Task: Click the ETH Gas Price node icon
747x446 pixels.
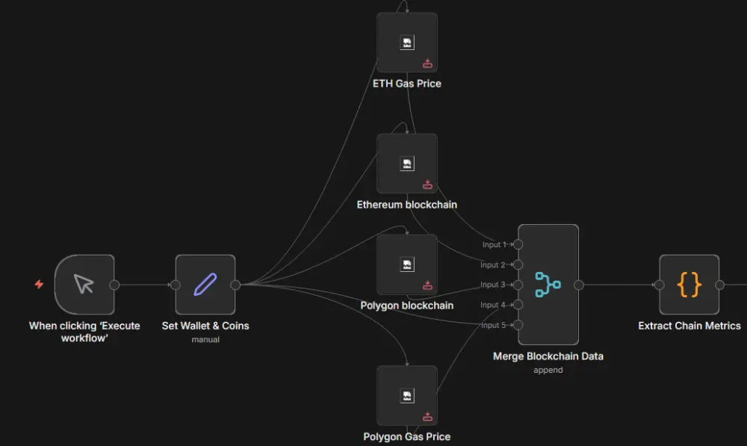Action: coord(407,43)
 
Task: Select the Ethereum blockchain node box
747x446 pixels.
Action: coord(407,164)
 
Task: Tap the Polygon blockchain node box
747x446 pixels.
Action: coord(407,264)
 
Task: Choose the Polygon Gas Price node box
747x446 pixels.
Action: coord(407,395)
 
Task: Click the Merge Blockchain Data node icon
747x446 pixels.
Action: coord(548,284)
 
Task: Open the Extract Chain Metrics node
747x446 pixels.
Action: coord(689,285)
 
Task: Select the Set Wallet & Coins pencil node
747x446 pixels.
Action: coord(205,285)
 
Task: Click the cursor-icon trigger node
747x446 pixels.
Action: coord(84,285)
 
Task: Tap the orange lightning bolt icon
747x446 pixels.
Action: coord(39,285)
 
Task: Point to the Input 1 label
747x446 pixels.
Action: coord(494,245)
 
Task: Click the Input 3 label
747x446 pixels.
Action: coord(493,285)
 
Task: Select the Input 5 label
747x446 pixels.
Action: coord(493,325)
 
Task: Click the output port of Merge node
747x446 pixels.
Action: coord(578,285)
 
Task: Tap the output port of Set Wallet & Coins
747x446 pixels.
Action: coord(235,285)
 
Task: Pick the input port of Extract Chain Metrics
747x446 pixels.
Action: coord(659,285)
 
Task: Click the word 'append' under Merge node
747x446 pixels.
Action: coord(548,370)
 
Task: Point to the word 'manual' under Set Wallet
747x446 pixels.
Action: coord(205,339)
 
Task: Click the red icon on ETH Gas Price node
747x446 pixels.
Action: coord(428,64)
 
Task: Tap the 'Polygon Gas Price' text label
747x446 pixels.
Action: coord(407,436)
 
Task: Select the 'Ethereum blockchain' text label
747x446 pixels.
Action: coord(407,204)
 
